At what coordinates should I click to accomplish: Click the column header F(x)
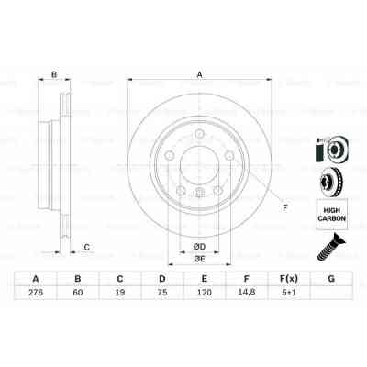pos(289,278)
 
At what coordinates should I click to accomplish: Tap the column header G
pos(331,278)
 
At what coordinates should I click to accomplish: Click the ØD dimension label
pos(198,245)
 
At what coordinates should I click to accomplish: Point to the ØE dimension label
pos(198,261)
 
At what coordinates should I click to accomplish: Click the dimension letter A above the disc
pos(199,76)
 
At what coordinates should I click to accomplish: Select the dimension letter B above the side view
pos(54,76)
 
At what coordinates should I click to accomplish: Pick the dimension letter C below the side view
pos(86,245)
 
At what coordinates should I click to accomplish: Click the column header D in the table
pos(162,278)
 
